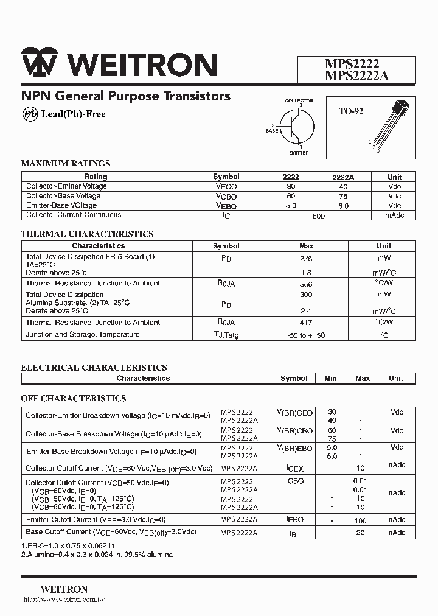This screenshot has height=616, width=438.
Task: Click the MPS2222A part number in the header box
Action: [356, 75]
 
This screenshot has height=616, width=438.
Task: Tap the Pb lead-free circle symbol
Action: [30, 114]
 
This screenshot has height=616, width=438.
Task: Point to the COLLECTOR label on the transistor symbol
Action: [299, 100]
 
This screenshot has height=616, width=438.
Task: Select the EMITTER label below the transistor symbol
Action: [299, 152]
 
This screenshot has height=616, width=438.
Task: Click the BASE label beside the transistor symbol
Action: [271, 130]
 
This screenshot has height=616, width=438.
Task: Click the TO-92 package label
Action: [351, 111]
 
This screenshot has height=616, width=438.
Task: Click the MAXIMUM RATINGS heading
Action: [66, 163]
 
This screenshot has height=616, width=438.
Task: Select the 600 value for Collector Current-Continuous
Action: [318, 215]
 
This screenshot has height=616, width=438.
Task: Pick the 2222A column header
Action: [343, 177]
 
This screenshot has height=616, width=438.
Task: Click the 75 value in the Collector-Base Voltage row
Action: [343, 196]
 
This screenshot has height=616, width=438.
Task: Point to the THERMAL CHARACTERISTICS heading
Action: [87, 234]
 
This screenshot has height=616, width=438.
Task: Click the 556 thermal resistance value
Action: [306, 284]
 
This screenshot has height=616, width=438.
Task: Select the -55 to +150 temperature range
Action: [306, 335]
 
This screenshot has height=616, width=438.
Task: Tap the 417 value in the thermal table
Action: [306, 323]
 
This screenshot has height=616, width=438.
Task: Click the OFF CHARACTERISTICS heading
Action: [74, 398]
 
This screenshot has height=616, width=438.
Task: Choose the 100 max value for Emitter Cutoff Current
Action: [361, 520]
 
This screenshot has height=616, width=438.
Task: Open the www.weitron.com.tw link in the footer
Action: [64, 600]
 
